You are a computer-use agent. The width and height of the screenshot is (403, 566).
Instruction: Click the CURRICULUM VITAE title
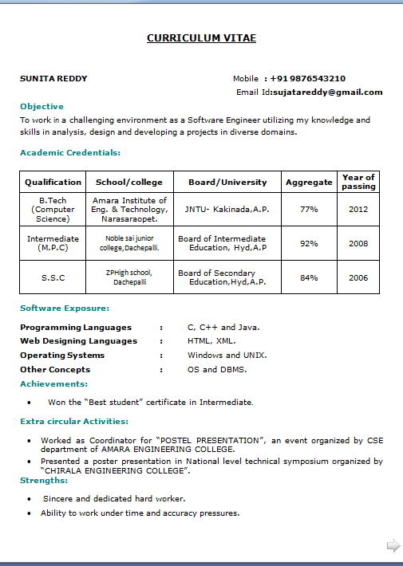click(x=201, y=38)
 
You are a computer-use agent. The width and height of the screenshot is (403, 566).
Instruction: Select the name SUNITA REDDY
click(x=53, y=79)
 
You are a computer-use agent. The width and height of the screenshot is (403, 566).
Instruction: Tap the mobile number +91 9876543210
click(x=307, y=79)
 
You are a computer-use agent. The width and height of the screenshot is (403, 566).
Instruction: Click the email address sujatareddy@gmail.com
click(x=327, y=92)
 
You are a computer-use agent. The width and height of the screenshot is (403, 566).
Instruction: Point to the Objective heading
click(x=41, y=106)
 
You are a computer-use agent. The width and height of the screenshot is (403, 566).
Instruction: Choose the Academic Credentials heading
click(x=70, y=152)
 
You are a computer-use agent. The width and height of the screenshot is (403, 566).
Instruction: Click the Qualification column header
click(x=53, y=182)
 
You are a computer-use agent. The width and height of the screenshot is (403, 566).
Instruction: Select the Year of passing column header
click(x=358, y=182)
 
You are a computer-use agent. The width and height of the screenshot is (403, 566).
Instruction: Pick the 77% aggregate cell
click(x=309, y=209)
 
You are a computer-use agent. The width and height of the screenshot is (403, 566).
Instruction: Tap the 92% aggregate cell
click(x=309, y=243)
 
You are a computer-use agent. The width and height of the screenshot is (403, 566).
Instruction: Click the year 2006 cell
click(x=358, y=277)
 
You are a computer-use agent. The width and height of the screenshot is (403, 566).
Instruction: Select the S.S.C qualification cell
click(x=53, y=277)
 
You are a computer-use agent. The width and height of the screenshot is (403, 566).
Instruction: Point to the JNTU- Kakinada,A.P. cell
click(x=227, y=209)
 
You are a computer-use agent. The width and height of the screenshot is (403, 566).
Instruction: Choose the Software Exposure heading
click(x=65, y=309)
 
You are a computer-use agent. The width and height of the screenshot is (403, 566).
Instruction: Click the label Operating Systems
click(x=62, y=356)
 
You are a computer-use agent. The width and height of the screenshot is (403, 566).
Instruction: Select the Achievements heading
click(x=54, y=384)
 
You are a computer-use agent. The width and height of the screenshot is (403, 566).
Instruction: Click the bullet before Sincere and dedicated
click(x=30, y=499)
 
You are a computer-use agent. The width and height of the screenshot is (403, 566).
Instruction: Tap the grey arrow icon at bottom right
click(x=393, y=546)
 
